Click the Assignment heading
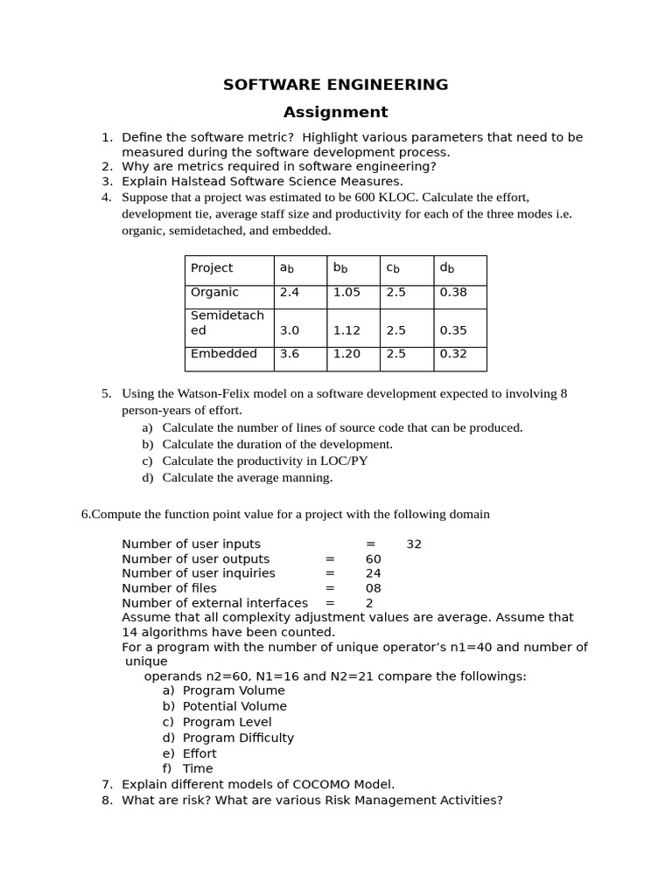(335, 112)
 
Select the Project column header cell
(212, 268)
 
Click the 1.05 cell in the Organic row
(346, 293)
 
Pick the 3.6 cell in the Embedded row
(290, 354)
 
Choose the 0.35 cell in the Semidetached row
(453, 331)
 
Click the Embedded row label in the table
(224, 354)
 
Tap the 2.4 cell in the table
(290, 293)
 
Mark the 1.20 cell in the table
(346, 354)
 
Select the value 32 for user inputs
(414, 545)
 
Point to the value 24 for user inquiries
(374, 573)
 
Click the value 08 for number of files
(374, 588)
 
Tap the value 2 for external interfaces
(369, 603)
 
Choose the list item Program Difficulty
(238, 738)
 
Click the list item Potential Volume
(234, 706)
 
